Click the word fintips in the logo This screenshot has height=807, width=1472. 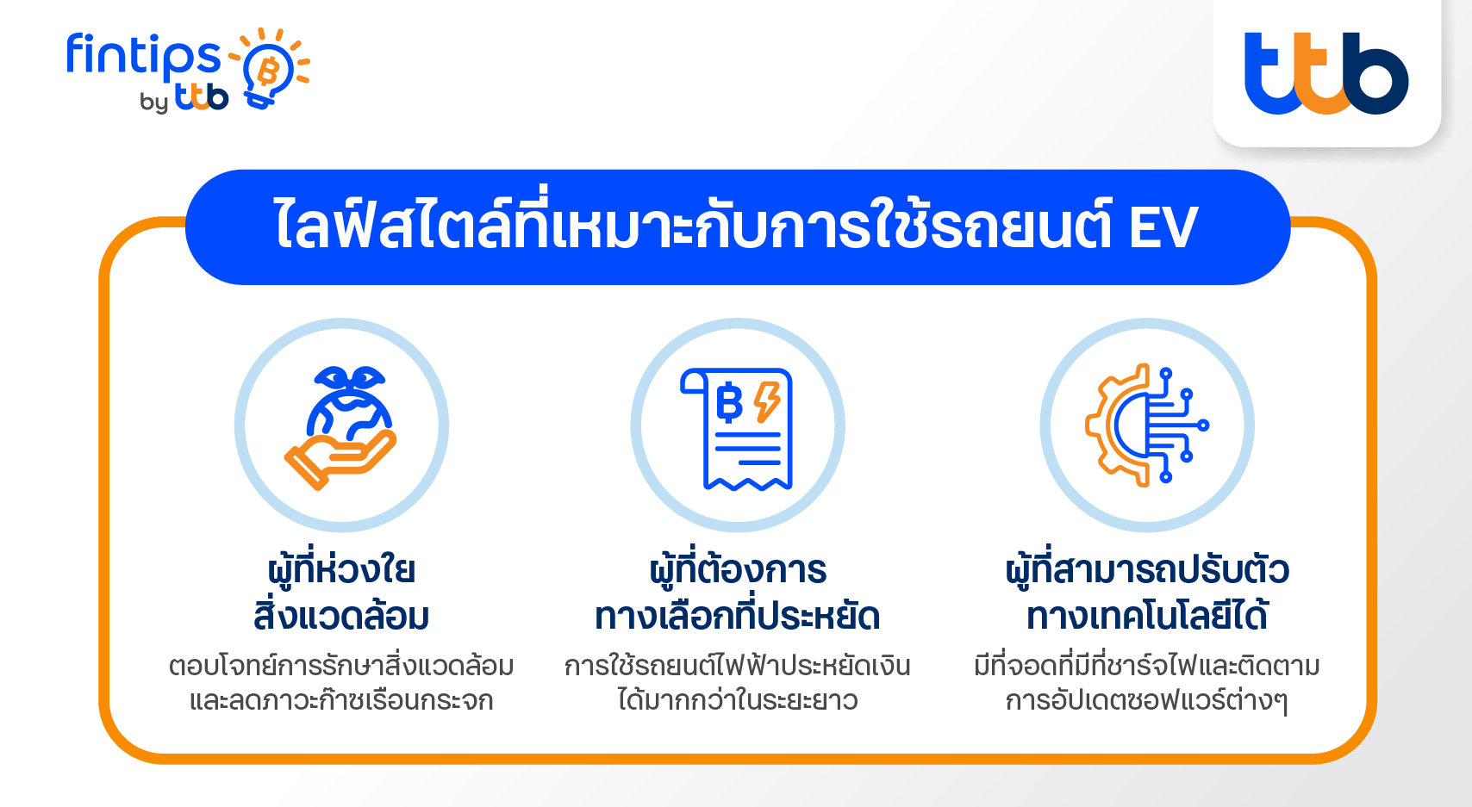[143, 56]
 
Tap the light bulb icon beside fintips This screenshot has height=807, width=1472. [270, 68]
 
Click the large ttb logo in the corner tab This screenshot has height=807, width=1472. [1326, 73]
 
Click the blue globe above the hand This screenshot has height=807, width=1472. [349, 411]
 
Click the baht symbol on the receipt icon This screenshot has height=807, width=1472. [729, 401]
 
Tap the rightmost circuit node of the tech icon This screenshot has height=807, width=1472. [1203, 425]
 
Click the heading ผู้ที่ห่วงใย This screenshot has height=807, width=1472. [341, 568]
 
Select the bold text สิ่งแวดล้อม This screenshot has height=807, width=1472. [341, 614]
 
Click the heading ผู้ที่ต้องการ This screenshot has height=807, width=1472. [738, 568]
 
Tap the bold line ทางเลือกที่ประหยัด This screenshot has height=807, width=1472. [738, 615]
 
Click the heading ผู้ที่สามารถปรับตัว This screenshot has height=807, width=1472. [1147, 568]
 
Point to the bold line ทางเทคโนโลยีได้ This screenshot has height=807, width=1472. [1147, 614]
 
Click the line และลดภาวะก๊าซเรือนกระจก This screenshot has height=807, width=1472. [341, 700]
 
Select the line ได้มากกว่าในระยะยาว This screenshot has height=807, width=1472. [738, 700]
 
